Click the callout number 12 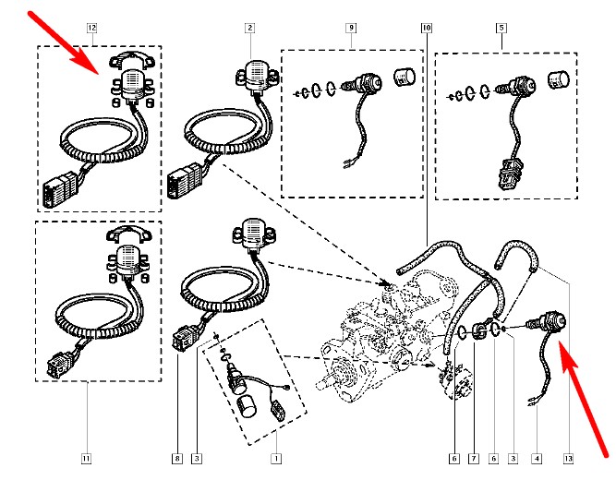coord(91,28)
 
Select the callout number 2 coord(249,28)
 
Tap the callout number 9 coord(351,28)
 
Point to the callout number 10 coord(426,28)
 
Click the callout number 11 coord(85,456)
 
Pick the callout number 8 coord(177,456)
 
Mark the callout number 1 coord(274,456)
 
